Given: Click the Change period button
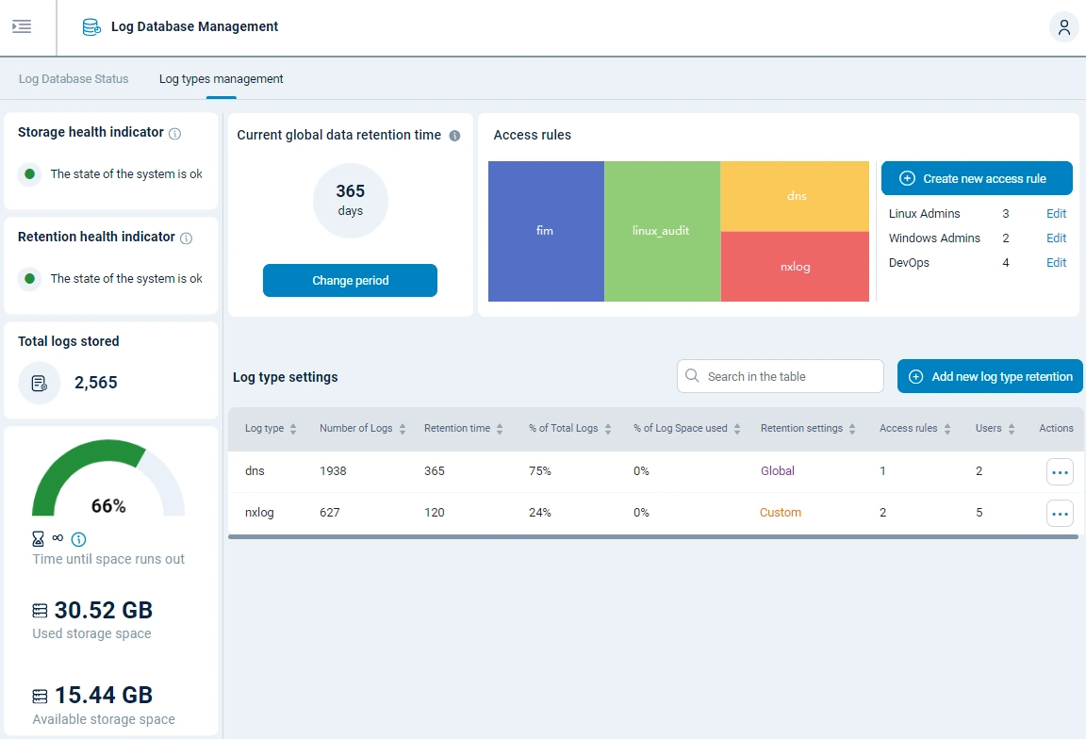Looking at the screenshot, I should pyautogui.click(x=350, y=280).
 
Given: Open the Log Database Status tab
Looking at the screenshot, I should pyautogui.click(x=74, y=79).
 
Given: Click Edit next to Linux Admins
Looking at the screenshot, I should pyautogui.click(x=1056, y=214).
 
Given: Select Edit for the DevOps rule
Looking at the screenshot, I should pyautogui.click(x=1056, y=263).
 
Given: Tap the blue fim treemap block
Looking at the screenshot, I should pyautogui.click(x=545, y=231).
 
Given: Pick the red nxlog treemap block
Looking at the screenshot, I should pyautogui.click(x=795, y=267).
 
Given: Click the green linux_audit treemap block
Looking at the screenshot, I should pyautogui.click(x=661, y=231).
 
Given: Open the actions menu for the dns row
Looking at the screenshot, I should pyautogui.click(x=1060, y=471).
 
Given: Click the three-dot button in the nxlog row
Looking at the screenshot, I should pyautogui.click(x=1060, y=514).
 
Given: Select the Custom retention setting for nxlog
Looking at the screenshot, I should pyautogui.click(x=781, y=513).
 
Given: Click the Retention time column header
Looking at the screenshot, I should pyautogui.click(x=457, y=428).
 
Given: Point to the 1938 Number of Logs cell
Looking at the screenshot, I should pyautogui.click(x=333, y=470).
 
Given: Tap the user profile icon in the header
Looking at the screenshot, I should pyautogui.click(x=1064, y=27).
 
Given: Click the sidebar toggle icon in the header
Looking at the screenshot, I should pyautogui.click(x=22, y=26).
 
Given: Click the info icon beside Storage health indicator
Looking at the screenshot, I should pyautogui.click(x=174, y=134).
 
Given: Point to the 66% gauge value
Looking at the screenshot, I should pyautogui.click(x=108, y=506).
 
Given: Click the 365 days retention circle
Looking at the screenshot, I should pyautogui.click(x=350, y=200).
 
